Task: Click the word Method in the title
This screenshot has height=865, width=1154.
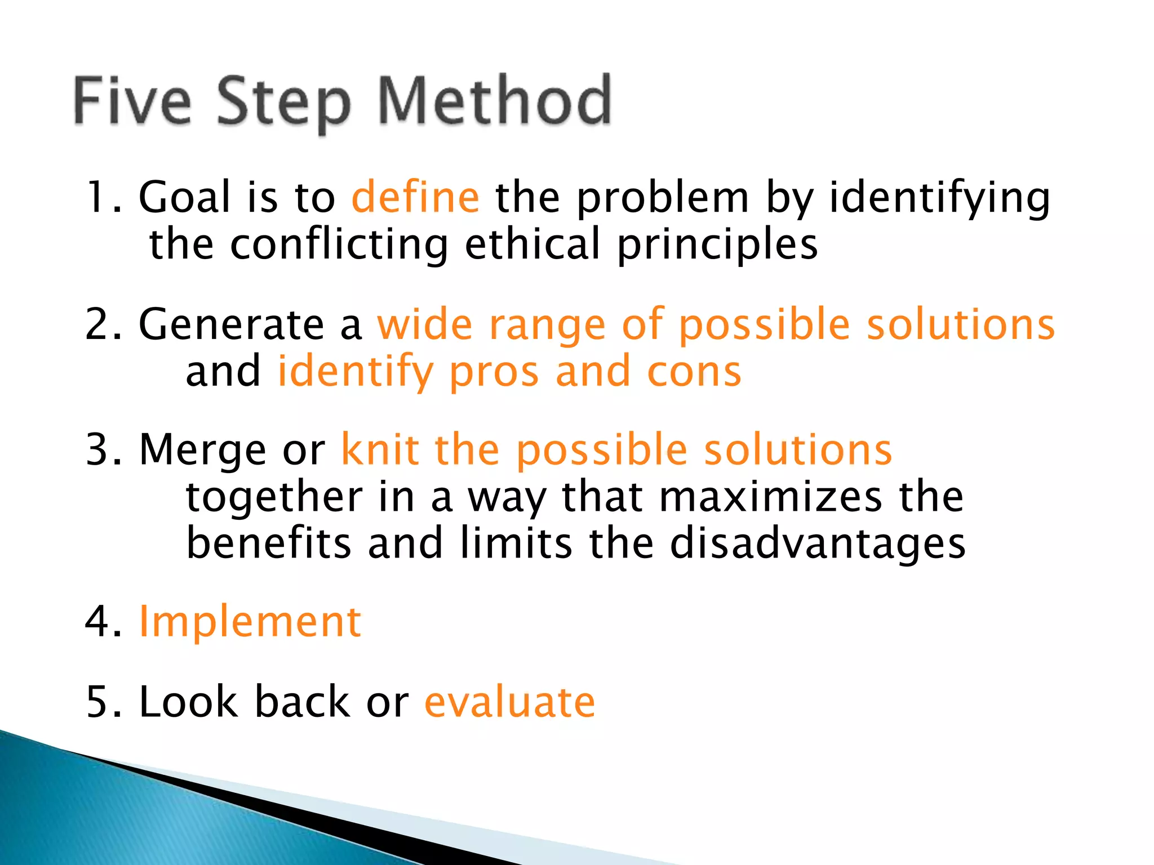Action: pos(494,101)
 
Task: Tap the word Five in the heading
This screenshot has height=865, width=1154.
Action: pos(132,101)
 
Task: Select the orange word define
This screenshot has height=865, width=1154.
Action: pos(415,197)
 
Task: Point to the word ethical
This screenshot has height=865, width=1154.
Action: pos(532,244)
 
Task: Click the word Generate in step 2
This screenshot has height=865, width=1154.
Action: pos(231,325)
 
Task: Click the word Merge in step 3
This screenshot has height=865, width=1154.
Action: pos(202,451)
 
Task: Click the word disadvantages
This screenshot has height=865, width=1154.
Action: pos(818,544)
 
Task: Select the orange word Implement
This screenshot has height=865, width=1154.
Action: pos(250,623)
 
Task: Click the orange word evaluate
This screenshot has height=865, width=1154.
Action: pos(509,702)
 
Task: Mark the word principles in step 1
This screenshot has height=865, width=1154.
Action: pos(717,246)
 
